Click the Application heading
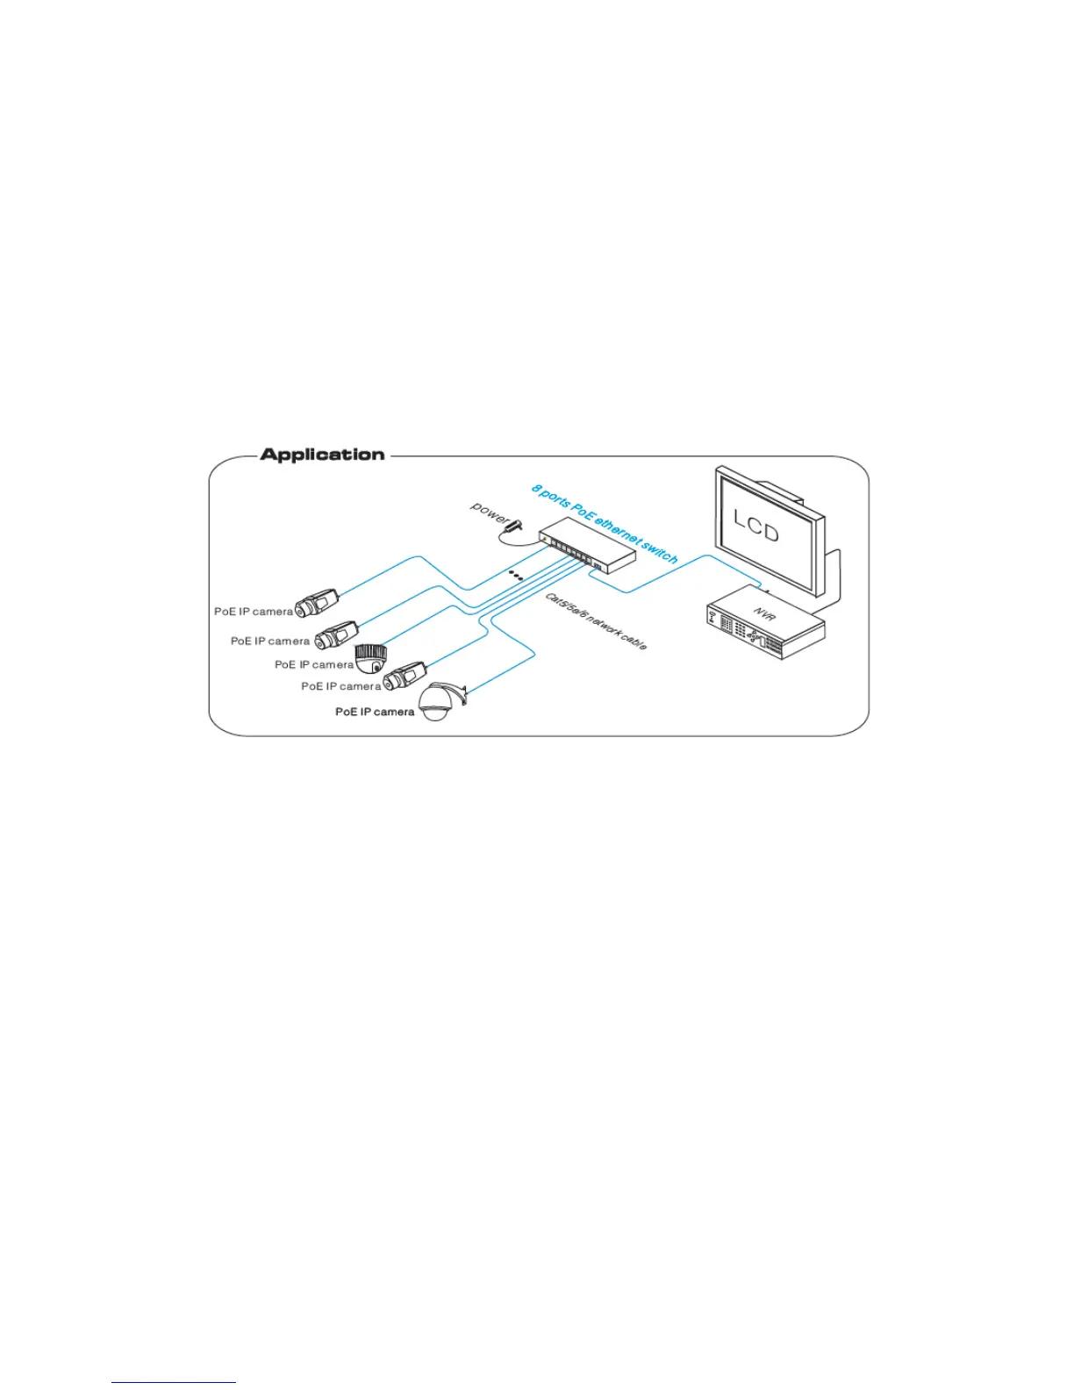click(322, 455)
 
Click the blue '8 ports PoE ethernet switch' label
click(605, 523)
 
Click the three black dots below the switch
click(517, 576)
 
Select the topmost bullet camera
click(316, 604)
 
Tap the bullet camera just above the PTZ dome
click(405, 676)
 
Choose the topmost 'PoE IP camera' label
click(254, 612)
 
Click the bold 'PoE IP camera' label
click(375, 712)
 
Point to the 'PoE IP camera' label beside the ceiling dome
click(314, 665)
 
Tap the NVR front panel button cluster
click(752, 633)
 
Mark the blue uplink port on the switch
click(597, 567)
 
